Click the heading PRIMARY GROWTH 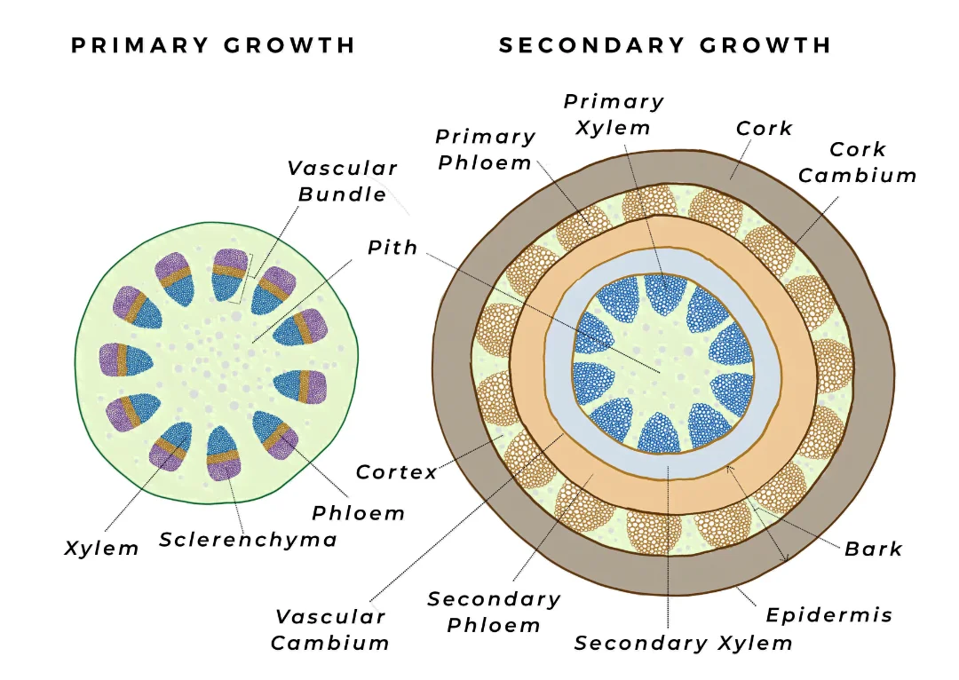pyautogui.click(x=213, y=45)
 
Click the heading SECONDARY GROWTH pyautogui.click(x=665, y=45)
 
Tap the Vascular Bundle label pyautogui.click(x=342, y=181)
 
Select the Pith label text pyautogui.click(x=392, y=248)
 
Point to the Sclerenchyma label pyautogui.click(x=248, y=539)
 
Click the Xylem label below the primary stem pyautogui.click(x=102, y=548)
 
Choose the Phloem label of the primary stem pyautogui.click(x=358, y=513)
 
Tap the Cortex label pyautogui.click(x=397, y=472)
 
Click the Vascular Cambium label pyautogui.click(x=330, y=629)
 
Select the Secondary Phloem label pyautogui.click(x=494, y=612)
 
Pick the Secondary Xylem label pyautogui.click(x=683, y=643)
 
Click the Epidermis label pyautogui.click(x=829, y=614)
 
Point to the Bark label pyautogui.click(x=873, y=549)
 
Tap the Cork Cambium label pyautogui.click(x=857, y=162)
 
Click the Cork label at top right pyautogui.click(x=764, y=128)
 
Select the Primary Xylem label pyautogui.click(x=614, y=115)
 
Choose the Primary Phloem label pyautogui.click(x=485, y=150)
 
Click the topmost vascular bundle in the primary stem pyautogui.click(x=229, y=274)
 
